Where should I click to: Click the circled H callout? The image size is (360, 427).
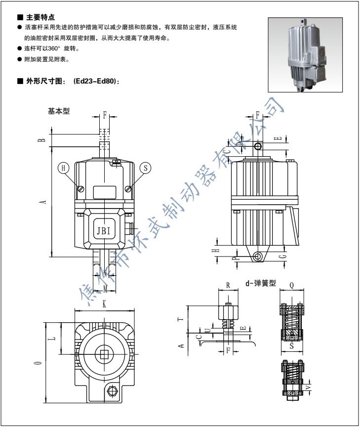click(63, 168)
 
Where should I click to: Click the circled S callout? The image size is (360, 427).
click(145, 168)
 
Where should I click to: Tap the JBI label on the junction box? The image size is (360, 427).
click(104, 231)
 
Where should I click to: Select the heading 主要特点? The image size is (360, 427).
click(40, 17)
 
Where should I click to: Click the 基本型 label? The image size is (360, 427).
click(59, 111)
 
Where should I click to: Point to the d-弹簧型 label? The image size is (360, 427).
click(261, 283)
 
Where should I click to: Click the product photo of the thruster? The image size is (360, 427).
click(305, 55)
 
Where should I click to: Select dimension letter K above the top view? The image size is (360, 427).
click(104, 304)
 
